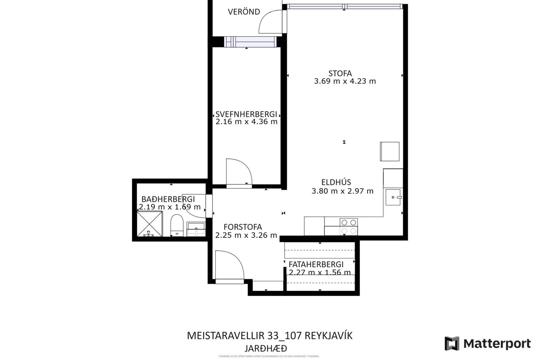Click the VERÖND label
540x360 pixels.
coord(244,12)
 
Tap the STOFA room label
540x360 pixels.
coord(340,73)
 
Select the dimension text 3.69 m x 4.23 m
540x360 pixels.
coord(345,81)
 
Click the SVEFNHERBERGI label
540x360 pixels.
coord(246,114)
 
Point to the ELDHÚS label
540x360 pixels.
coord(336,182)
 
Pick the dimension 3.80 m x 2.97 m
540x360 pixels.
coord(342,191)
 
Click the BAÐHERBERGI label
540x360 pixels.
coord(168,199)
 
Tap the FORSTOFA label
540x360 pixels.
coord(243,227)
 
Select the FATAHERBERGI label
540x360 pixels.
coord(316,264)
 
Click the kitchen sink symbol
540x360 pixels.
coord(393,197)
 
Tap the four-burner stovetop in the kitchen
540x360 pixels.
coord(349,227)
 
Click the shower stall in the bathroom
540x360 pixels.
coord(150,224)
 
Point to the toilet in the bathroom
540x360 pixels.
coord(177,225)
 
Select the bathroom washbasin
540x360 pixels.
coord(196,228)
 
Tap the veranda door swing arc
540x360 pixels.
coord(269,21)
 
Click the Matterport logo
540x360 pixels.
coord(487,343)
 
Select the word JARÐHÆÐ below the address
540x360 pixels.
coord(265,348)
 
